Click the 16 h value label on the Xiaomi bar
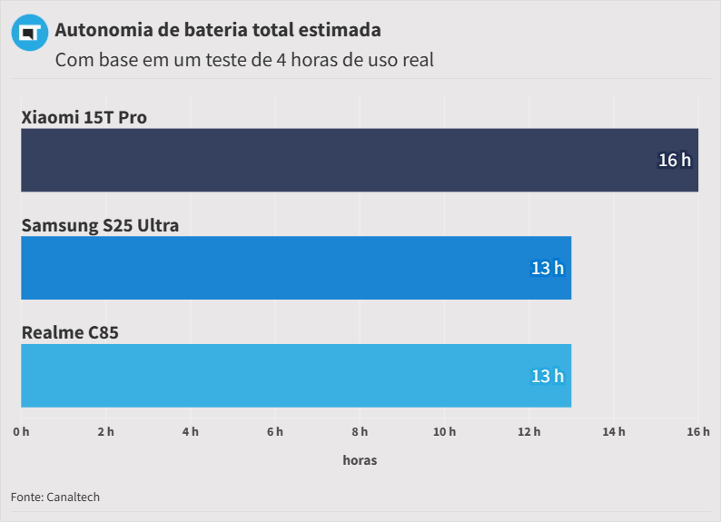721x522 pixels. click(674, 160)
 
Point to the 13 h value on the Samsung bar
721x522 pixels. click(547, 268)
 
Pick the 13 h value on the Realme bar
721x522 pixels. click(547, 375)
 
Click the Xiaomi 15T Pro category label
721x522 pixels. click(84, 117)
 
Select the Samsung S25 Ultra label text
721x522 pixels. click(100, 225)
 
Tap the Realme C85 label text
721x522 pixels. click(70, 332)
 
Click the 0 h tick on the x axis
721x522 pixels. click(21, 431)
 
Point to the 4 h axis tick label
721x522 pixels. click(190, 431)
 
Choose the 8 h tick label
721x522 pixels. click(360, 431)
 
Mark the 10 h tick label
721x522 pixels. click(444, 431)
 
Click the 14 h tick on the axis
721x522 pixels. click(614, 431)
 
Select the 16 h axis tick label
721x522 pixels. click(697, 431)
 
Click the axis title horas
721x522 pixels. click(360, 460)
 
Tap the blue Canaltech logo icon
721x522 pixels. click(29, 33)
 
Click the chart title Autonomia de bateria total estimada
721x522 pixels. click(218, 30)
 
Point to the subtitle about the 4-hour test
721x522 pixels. click(244, 61)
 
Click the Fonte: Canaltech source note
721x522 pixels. click(55, 497)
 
